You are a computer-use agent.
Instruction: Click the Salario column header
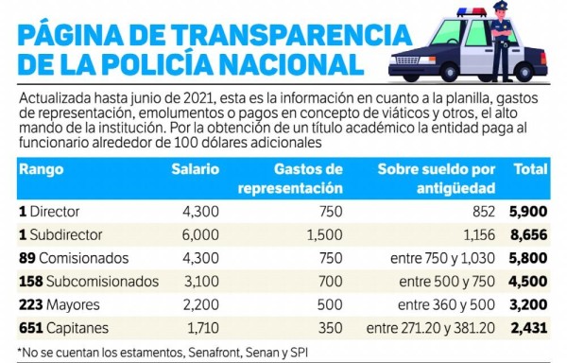[x=195, y=169]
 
